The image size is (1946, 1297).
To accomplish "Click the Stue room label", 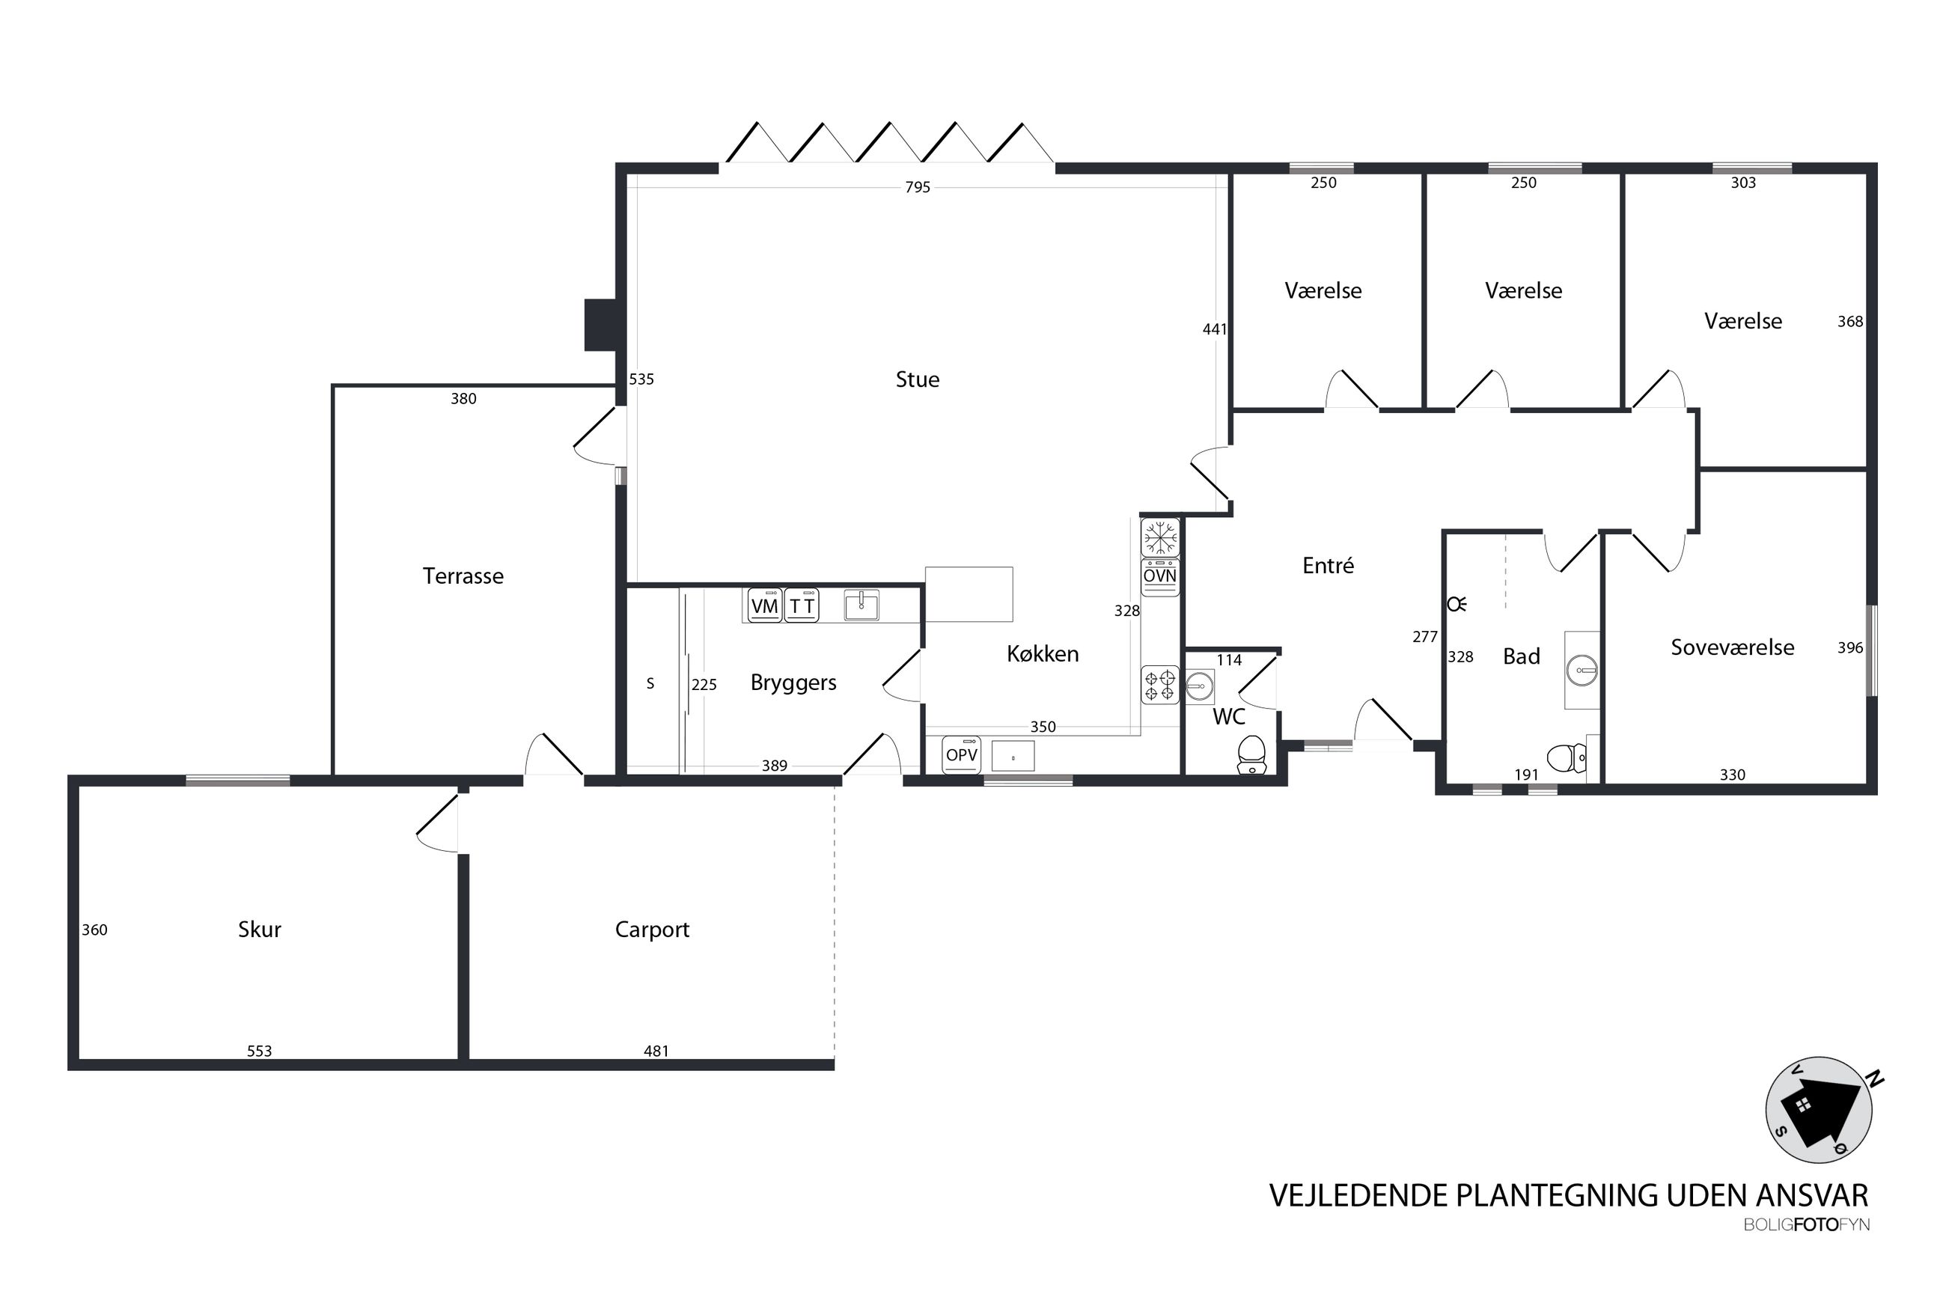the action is (x=916, y=379).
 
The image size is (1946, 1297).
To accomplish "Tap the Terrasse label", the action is (x=463, y=576).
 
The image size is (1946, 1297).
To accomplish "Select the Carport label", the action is (x=652, y=930).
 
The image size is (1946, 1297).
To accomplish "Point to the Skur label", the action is (x=259, y=929).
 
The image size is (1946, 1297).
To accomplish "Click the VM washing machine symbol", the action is (x=764, y=605).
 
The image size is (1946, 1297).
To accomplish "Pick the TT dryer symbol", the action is (x=801, y=605).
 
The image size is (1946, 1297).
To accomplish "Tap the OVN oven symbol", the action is (x=1159, y=576).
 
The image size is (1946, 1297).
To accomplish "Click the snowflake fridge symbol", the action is (x=1159, y=537).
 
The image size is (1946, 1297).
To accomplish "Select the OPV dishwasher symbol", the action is (x=961, y=755).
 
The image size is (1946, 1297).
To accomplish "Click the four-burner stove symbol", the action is (x=1159, y=685).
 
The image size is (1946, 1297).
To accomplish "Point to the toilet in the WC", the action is (x=1251, y=754).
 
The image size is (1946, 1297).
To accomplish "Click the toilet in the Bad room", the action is (x=1566, y=756).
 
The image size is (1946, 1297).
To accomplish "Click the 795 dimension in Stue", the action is (x=917, y=188).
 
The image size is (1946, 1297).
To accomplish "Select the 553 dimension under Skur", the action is (x=259, y=1052).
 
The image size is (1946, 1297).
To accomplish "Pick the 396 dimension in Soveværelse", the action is (x=1850, y=647).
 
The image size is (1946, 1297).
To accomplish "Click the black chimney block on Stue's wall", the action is (x=600, y=324).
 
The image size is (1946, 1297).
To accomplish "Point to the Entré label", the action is (x=1327, y=566).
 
